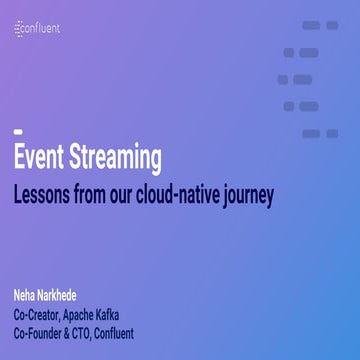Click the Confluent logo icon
click(19, 30)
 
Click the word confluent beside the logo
click(42, 30)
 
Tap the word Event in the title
click(40, 158)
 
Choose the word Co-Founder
click(38, 332)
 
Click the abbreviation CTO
click(82, 332)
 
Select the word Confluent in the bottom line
click(116, 332)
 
